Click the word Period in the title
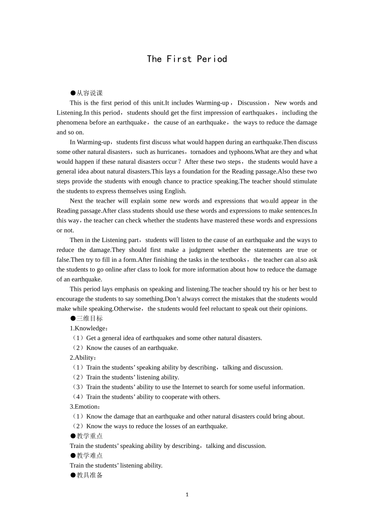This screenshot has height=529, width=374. click(x=212, y=59)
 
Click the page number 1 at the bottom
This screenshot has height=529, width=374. click(x=187, y=495)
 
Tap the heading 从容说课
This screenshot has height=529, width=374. click(x=89, y=93)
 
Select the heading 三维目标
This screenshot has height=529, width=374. click(x=89, y=318)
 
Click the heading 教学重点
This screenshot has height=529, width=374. click(x=89, y=436)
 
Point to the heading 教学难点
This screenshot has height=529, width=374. click(x=89, y=456)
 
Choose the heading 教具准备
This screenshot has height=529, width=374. click(x=89, y=475)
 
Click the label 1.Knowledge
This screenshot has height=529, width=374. click(x=89, y=328)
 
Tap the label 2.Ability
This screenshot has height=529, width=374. click(x=83, y=358)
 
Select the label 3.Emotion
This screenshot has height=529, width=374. click(x=85, y=407)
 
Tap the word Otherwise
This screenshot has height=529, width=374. click(x=127, y=309)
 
